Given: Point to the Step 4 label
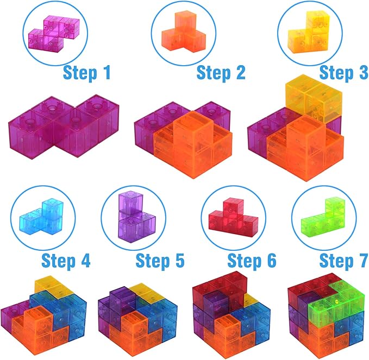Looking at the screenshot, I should tap(66, 261).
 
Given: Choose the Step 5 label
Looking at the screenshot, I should tap(160, 261).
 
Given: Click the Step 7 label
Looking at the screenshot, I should tap(343, 261).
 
